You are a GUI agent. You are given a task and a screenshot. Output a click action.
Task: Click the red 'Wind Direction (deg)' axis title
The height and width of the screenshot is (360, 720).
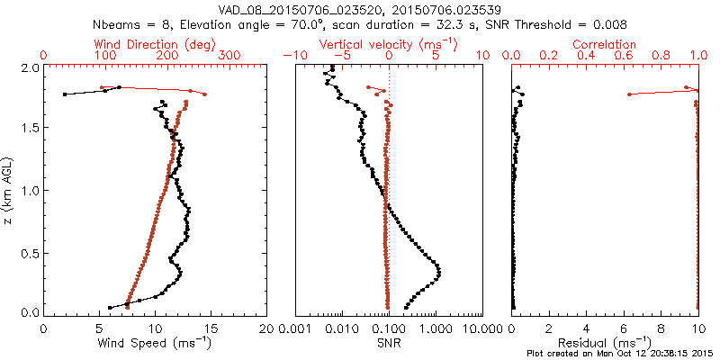click(157, 44)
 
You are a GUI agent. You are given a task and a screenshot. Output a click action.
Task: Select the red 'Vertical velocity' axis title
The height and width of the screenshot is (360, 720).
click(388, 44)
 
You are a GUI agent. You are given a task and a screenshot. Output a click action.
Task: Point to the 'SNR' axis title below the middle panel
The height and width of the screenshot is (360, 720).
click(388, 343)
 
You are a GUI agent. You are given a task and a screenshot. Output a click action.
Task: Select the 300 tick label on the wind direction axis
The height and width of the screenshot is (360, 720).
click(230, 56)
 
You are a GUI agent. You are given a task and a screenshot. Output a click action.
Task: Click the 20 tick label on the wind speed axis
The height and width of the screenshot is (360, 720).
click(266, 329)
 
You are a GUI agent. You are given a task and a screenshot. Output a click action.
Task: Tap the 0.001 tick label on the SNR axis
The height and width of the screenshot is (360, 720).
click(295, 329)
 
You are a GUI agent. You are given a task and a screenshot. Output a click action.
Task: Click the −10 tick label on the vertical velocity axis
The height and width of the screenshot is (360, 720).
click(293, 56)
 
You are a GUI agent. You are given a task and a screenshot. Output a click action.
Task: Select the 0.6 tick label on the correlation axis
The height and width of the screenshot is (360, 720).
click(624, 56)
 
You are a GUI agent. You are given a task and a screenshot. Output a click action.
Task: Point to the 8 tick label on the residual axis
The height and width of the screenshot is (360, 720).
click(661, 329)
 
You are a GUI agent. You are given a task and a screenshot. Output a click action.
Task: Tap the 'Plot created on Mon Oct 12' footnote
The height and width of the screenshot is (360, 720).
click(622, 355)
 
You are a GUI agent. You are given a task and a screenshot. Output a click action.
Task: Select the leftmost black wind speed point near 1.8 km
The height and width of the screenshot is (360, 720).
click(65, 94)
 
